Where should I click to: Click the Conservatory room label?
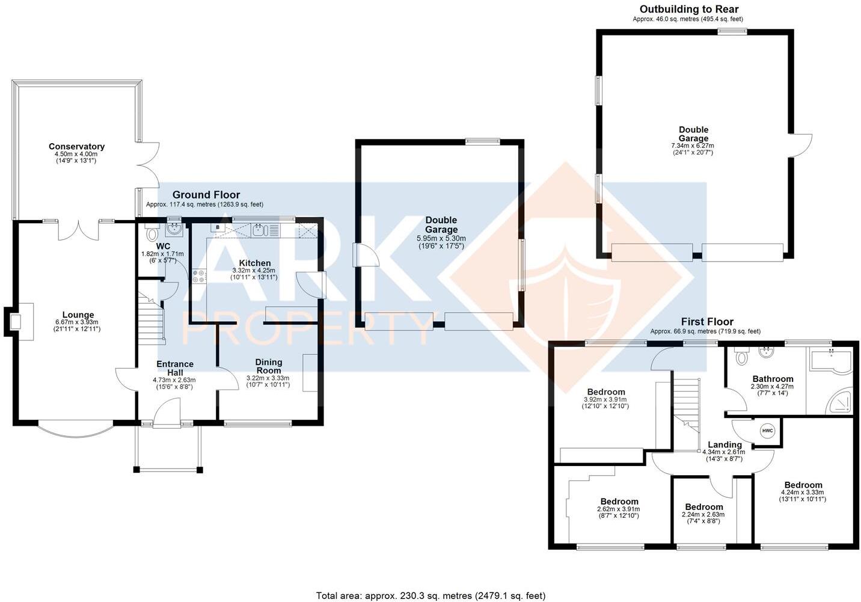coord(76,146)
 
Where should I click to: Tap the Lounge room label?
coord(78,315)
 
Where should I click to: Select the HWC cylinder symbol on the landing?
coord(767,431)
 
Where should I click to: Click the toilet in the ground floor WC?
coord(150,233)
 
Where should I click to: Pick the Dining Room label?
coord(268,366)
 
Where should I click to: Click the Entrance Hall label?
coord(174,367)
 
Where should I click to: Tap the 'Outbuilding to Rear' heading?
coord(689,9)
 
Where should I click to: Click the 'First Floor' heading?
coord(706,322)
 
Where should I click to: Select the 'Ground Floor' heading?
coord(206,194)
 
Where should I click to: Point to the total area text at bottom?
coord(430,595)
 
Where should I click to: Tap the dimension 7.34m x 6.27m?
coord(693,146)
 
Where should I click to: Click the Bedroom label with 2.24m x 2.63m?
coord(703,506)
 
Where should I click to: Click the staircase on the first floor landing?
coord(687,403)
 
